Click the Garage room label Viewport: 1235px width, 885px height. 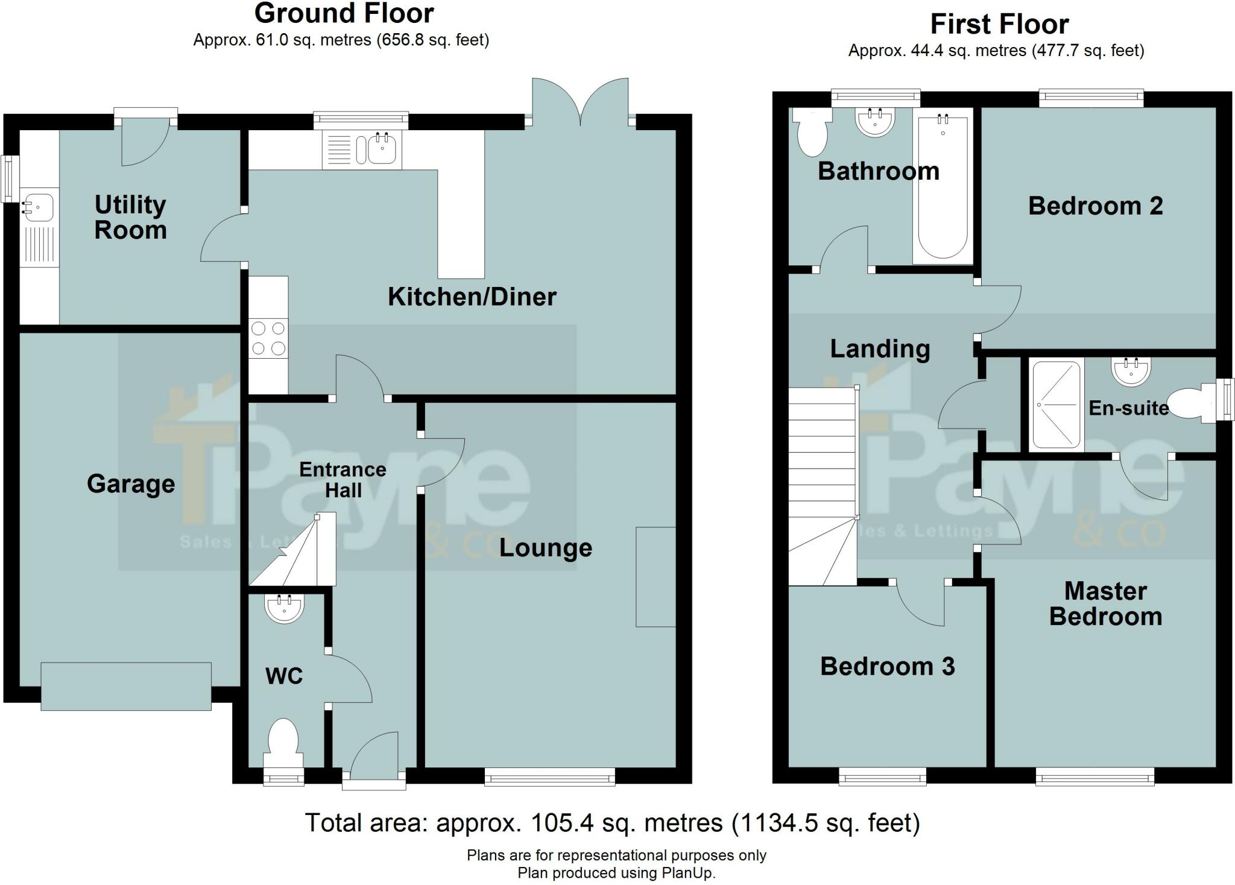(131, 484)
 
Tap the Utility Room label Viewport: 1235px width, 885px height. (130, 218)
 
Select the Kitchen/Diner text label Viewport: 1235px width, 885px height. (472, 297)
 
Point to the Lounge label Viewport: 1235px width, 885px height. (545, 548)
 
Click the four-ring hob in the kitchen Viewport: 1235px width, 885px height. (268, 338)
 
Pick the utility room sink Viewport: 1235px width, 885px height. (38, 207)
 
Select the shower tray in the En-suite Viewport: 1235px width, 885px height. (1055, 405)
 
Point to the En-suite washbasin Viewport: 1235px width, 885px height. (1131, 371)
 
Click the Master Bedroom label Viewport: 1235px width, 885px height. (1105, 603)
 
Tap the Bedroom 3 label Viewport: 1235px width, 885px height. (887, 666)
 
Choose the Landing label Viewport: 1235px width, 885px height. (880, 348)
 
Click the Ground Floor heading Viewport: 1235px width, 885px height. (344, 13)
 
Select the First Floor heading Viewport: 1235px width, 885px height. (999, 25)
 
